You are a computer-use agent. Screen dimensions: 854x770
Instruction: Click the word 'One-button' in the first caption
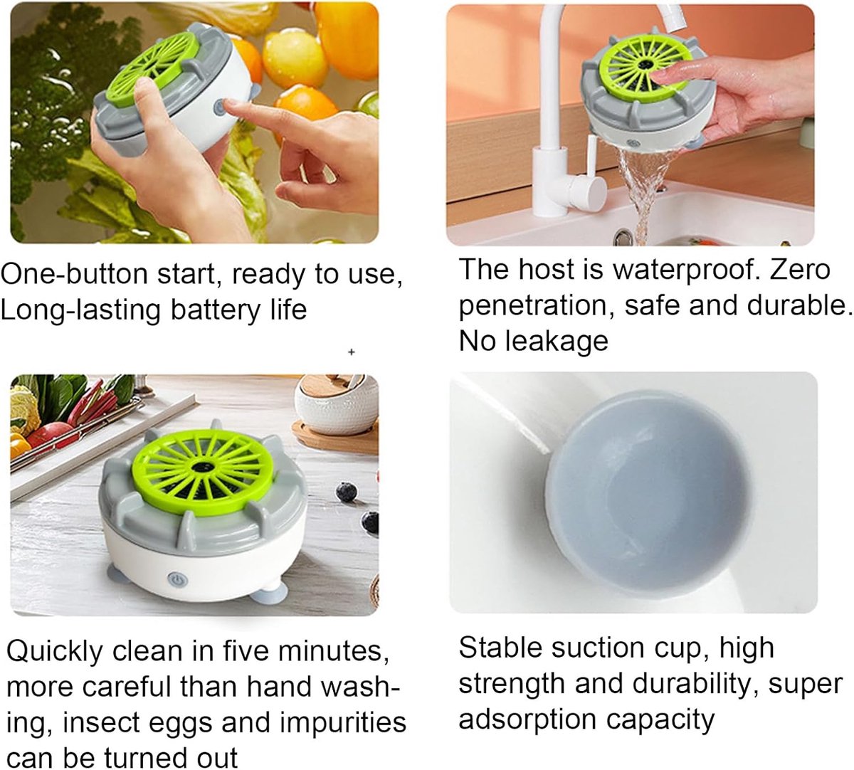(75, 274)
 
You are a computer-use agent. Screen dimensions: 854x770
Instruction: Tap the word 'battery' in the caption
(216, 310)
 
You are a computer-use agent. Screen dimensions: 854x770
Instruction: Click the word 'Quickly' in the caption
(55, 653)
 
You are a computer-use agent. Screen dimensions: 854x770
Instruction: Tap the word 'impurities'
(343, 724)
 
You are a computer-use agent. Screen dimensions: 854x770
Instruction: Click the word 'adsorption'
(527, 721)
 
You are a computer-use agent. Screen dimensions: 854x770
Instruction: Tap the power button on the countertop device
(176, 579)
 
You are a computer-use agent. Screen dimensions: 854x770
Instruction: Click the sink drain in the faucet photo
(623, 236)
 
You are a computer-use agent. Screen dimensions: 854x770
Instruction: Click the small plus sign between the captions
(352, 352)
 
